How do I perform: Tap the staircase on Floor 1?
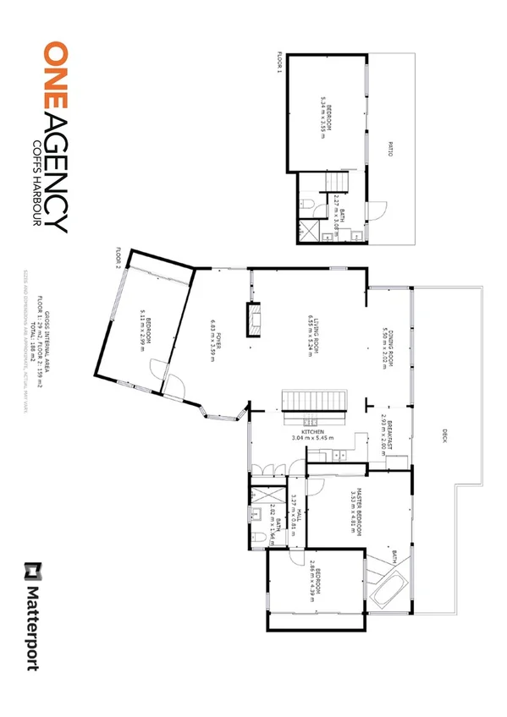tap(337, 180)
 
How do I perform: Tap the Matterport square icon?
tap(34, 571)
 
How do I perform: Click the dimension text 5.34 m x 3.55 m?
tap(322, 112)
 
